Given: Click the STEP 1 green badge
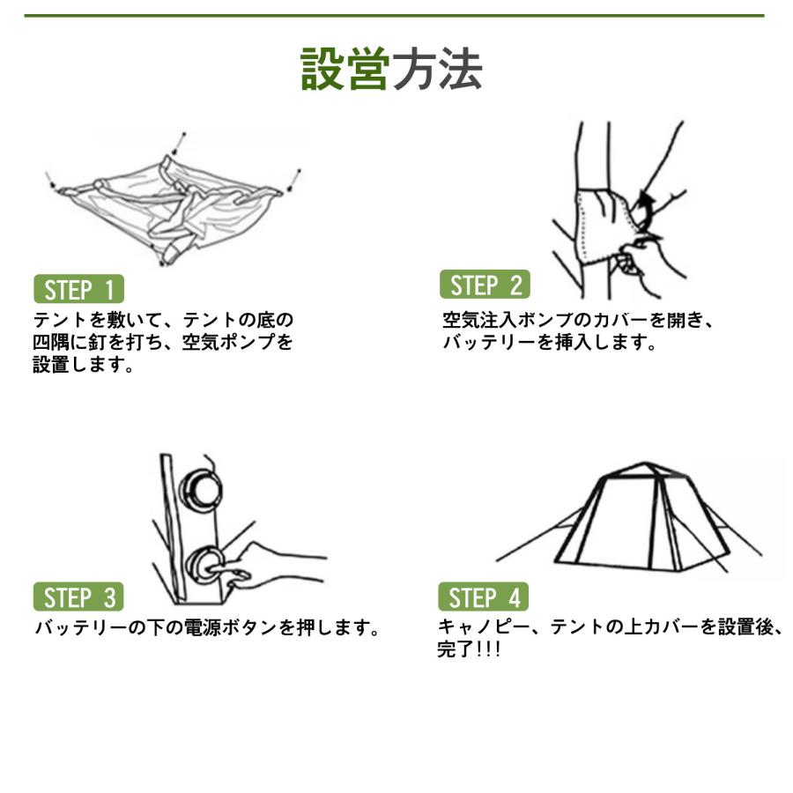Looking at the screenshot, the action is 79,289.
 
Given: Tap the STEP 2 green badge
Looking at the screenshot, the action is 485,285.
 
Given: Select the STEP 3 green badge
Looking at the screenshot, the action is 78,597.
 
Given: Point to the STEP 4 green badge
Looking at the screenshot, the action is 484,597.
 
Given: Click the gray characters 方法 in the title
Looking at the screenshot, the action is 437,70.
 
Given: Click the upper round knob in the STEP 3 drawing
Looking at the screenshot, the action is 201,490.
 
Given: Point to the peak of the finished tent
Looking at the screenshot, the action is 645,463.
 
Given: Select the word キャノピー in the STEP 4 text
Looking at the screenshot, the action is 483,627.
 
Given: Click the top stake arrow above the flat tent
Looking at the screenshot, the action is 180,144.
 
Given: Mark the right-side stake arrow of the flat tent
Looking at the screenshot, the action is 293,181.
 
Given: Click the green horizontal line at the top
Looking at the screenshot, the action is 395,16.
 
